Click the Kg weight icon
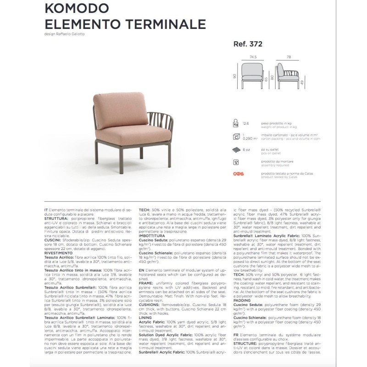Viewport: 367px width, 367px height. (x=236, y=123)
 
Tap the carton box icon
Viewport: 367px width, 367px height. (x=236, y=136)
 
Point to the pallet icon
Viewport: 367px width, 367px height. (x=236, y=150)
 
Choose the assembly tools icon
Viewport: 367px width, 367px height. (x=236, y=162)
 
